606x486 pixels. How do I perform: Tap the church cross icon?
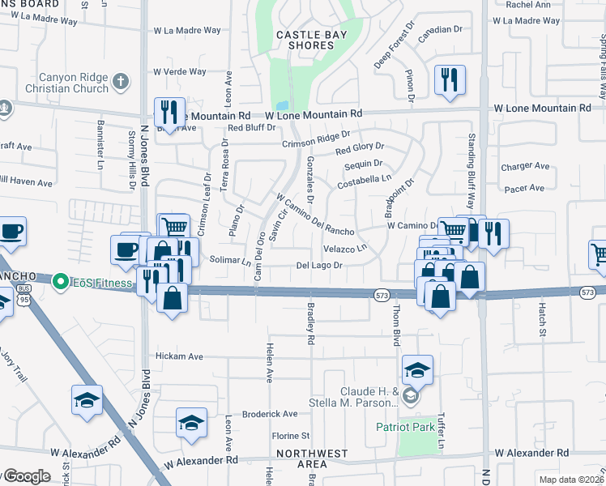pos(120,80)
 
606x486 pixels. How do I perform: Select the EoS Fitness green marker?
pos(58,282)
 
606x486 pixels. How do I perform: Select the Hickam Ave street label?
pos(179,356)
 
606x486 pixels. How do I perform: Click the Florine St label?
pos(291,436)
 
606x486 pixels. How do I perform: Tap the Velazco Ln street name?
pos(344,247)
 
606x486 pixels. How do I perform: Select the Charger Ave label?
pos(525,168)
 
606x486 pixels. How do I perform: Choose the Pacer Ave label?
pos(525,188)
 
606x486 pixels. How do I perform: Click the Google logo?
pos(26,476)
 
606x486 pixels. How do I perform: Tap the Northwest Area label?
pos(312,458)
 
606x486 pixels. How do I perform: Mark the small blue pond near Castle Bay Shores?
pos(281,106)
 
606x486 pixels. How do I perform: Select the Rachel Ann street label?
pos(527,4)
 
